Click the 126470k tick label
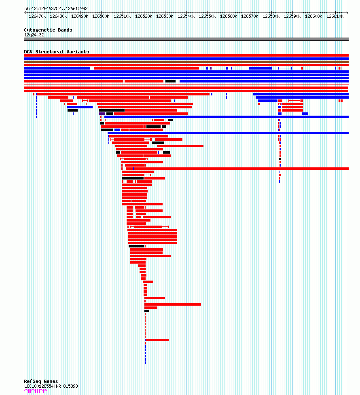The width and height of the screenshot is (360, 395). point(37,17)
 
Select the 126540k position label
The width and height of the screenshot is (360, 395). point(186,17)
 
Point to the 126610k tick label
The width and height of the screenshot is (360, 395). point(335,17)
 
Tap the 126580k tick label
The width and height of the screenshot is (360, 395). point(271,17)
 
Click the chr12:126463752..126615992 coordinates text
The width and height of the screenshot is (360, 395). point(56,8)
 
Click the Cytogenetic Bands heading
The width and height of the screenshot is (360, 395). point(48,30)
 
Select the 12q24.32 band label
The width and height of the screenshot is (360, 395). point(34,35)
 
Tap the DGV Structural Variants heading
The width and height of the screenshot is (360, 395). point(57,52)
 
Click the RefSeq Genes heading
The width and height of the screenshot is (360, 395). point(41,381)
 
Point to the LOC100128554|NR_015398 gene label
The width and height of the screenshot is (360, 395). point(51,386)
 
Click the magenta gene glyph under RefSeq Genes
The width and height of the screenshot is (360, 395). point(36,391)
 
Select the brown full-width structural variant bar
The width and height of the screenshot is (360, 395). point(186,62)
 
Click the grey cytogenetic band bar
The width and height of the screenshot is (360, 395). point(186,39)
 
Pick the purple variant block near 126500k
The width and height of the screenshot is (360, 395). point(102,114)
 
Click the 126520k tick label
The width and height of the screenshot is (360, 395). point(144,17)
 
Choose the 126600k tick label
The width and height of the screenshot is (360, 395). point(313,17)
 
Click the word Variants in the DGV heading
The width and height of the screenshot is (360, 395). point(78,52)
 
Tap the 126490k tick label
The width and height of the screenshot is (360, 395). point(80,17)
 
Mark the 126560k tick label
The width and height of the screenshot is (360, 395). point(229,17)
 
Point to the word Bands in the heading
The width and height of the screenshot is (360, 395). point(65,30)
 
